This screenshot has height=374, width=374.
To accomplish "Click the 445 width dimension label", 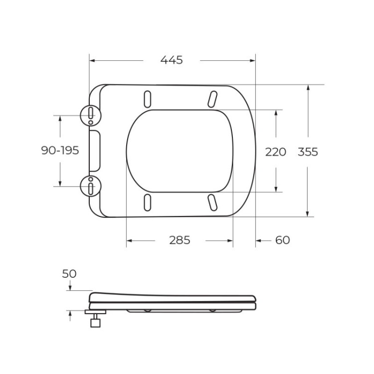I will (172, 60).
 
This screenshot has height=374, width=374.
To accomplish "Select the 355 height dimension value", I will (308, 152).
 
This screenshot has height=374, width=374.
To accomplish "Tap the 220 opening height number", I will (275, 152).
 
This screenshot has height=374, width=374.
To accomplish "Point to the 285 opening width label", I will (180, 240).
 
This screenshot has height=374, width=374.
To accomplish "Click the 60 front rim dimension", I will (282, 240).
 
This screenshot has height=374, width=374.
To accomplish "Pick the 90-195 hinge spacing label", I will (60, 151).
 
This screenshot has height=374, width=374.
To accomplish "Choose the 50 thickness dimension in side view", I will (69, 274).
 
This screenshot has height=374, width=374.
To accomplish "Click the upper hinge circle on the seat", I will (90, 116).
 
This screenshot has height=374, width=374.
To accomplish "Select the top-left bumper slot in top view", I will (148, 98).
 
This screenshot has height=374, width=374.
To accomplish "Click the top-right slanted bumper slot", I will (212, 98).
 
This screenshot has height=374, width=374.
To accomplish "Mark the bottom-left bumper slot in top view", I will (148, 202).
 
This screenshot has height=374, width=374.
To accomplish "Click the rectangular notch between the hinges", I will (95, 151).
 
